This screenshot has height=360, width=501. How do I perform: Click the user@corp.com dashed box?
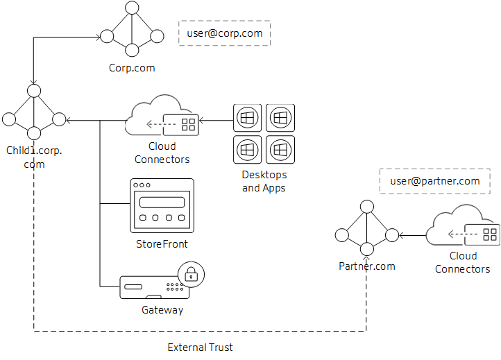tap(224, 33)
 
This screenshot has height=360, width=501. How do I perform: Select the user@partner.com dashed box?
tap(435, 181)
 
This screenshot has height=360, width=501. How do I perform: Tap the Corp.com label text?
tap(132, 68)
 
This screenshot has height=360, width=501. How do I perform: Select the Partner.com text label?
tap(366, 266)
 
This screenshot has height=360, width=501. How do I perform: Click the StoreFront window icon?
tap(162, 205)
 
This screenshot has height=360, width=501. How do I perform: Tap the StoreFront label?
tap(162, 244)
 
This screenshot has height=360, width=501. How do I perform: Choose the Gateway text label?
tap(162, 310)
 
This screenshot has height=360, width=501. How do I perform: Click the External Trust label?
tap(201, 347)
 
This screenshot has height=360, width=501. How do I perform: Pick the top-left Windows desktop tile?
tap(248, 118)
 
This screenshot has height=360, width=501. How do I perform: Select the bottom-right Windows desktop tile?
tap(280, 149)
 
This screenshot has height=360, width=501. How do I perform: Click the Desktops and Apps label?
tap(264, 181)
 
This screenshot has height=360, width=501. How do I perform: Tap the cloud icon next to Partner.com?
tap(461, 228)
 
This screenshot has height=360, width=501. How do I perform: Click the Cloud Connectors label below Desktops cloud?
tap(162, 153)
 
